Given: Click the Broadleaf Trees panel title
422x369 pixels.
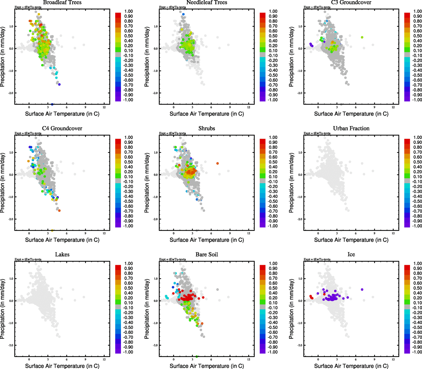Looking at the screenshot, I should pyautogui.click(x=62, y=2).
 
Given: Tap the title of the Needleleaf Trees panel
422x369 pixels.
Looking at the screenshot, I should pyautogui.click(x=207, y=2).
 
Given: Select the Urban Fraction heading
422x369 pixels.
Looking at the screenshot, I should pyautogui.click(x=351, y=129).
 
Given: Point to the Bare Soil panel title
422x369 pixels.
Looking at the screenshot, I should pyautogui.click(x=207, y=255).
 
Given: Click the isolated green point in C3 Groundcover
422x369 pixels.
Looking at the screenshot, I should pyautogui.click(x=362, y=37).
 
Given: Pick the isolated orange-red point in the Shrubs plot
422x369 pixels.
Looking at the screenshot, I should pyautogui.click(x=217, y=163).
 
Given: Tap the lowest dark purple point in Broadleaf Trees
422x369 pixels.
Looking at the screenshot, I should pyautogui.click(x=59, y=84).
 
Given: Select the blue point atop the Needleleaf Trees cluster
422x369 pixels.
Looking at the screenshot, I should pyautogui.click(x=183, y=14).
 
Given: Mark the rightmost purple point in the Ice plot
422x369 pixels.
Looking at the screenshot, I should pyautogui.click(x=362, y=289).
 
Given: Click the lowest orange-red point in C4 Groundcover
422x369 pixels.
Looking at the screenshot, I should pyautogui.click(x=59, y=210).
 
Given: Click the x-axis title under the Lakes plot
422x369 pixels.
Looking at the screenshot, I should pyautogui.click(x=62, y=366).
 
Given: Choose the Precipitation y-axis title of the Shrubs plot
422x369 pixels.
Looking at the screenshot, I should pyautogui.click(x=147, y=183).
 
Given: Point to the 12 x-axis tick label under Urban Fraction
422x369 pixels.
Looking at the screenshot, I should pyautogui.click(x=393, y=233).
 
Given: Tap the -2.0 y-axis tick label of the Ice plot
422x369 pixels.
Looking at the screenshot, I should pyautogui.click(x=300, y=345).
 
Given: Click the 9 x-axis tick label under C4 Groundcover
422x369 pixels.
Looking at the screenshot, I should pyautogui.click(x=85, y=233).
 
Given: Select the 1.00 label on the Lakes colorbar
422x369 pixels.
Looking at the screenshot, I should pyautogui.click(x=129, y=264).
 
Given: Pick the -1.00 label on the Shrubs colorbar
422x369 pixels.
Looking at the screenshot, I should pyautogui.click(x=273, y=226).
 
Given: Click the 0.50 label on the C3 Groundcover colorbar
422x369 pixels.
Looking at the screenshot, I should pyautogui.click(x=417, y=36).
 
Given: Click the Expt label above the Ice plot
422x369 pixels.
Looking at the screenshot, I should pyautogui.click(x=317, y=260).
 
